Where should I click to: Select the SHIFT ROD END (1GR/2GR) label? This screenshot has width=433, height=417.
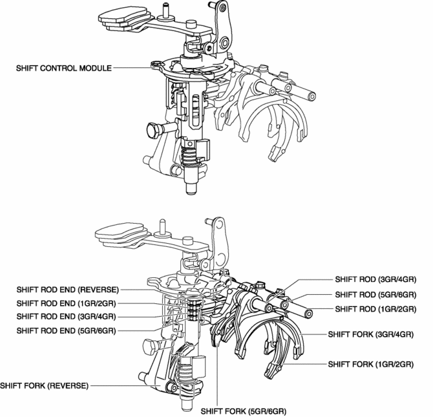(65, 303)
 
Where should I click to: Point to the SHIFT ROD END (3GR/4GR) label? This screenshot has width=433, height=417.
(65, 316)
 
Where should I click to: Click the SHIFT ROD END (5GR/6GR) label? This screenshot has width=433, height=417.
(65, 330)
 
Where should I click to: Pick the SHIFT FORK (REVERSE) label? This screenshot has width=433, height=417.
(44, 386)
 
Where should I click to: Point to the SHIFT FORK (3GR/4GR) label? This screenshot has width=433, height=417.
(370, 334)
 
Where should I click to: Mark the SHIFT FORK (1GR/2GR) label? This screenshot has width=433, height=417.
(370, 364)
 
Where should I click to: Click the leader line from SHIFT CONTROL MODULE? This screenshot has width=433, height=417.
(132, 67)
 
